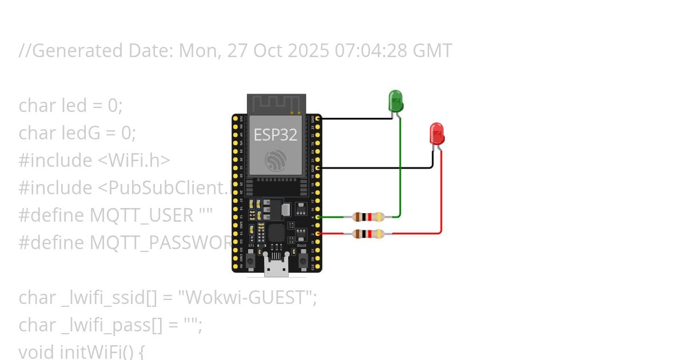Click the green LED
(396, 101)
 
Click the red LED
(437, 133)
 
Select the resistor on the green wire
(368, 217)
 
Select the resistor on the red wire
(368, 233)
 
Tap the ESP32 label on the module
(276, 135)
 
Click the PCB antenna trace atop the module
(276, 103)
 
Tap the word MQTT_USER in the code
(141, 215)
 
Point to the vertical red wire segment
(441, 194)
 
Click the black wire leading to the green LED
(354, 119)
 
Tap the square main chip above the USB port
(277, 233)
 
